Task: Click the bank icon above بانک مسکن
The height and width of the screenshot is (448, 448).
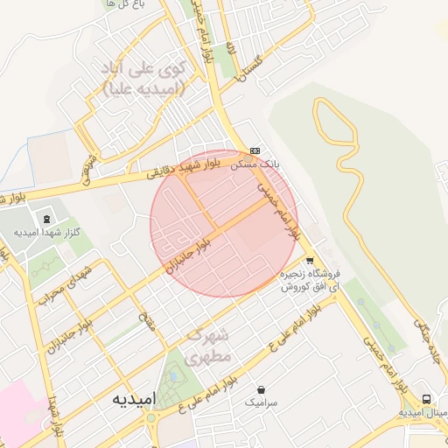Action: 255,150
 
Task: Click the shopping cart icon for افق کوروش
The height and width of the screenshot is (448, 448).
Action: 309,261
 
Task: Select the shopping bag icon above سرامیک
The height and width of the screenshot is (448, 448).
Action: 261,389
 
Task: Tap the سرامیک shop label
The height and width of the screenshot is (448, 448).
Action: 261,402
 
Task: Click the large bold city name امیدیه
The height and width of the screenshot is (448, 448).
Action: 134,399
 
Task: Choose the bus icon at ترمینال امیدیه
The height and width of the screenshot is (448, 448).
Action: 426,398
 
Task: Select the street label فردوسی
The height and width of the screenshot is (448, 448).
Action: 87,170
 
